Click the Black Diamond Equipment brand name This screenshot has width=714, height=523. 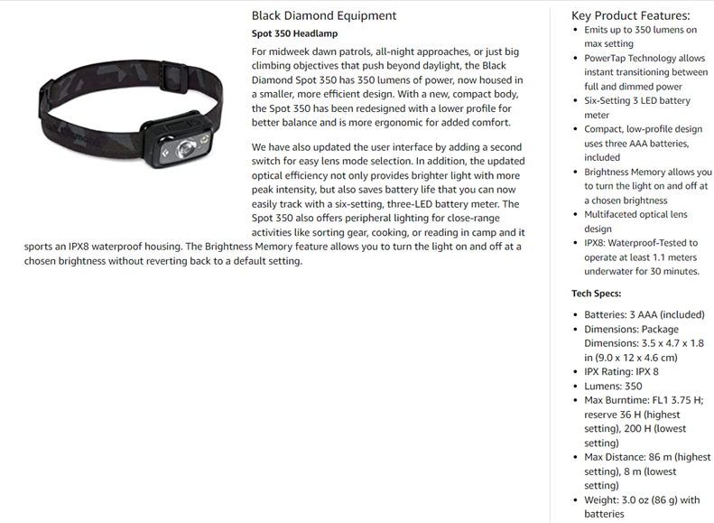pyautogui.click(x=323, y=15)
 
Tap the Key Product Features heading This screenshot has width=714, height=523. pyautogui.click(x=630, y=15)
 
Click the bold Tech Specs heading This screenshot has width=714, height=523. pyautogui.click(x=596, y=294)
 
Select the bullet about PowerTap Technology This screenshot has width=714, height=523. pyautogui.click(x=644, y=72)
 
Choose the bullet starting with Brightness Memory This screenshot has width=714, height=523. pyautogui.click(x=647, y=185)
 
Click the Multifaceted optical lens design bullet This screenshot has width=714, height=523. pyautogui.click(x=635, y=221)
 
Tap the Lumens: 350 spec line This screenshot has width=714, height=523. pyautogui.click(x=613, y=386)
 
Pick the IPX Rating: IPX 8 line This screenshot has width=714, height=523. pyautogui.click(x=621, y=371)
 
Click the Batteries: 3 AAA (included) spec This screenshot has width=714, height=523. pyautogui.click(x=644, y=314)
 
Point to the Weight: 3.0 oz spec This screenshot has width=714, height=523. pyautogui.click(x=641, y=507)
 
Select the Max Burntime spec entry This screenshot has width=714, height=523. pyautogui.click(x=643, y=421)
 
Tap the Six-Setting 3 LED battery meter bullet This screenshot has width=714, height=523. pyautogui.click(x=636, y=107)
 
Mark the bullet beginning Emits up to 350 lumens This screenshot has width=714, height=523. pyautogui.click(x=640, y=36)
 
